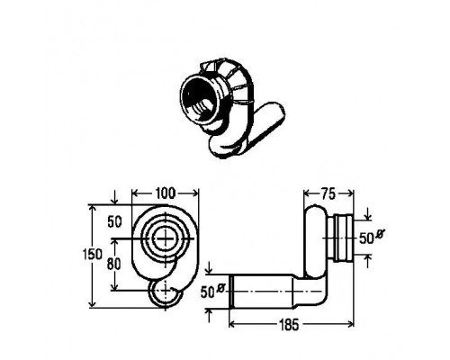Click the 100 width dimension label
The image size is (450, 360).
[165, 193]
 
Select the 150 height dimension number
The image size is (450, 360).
[93, 255]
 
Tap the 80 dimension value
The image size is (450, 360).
[113, 264]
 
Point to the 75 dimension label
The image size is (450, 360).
[328, 194]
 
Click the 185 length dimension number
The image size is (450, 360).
[289, 324]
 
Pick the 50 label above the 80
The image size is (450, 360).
[114, 222]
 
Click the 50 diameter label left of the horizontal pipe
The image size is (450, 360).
[212, 291]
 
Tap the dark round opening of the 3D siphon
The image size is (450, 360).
[200, 98]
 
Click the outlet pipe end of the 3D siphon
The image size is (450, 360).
[274, 115]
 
